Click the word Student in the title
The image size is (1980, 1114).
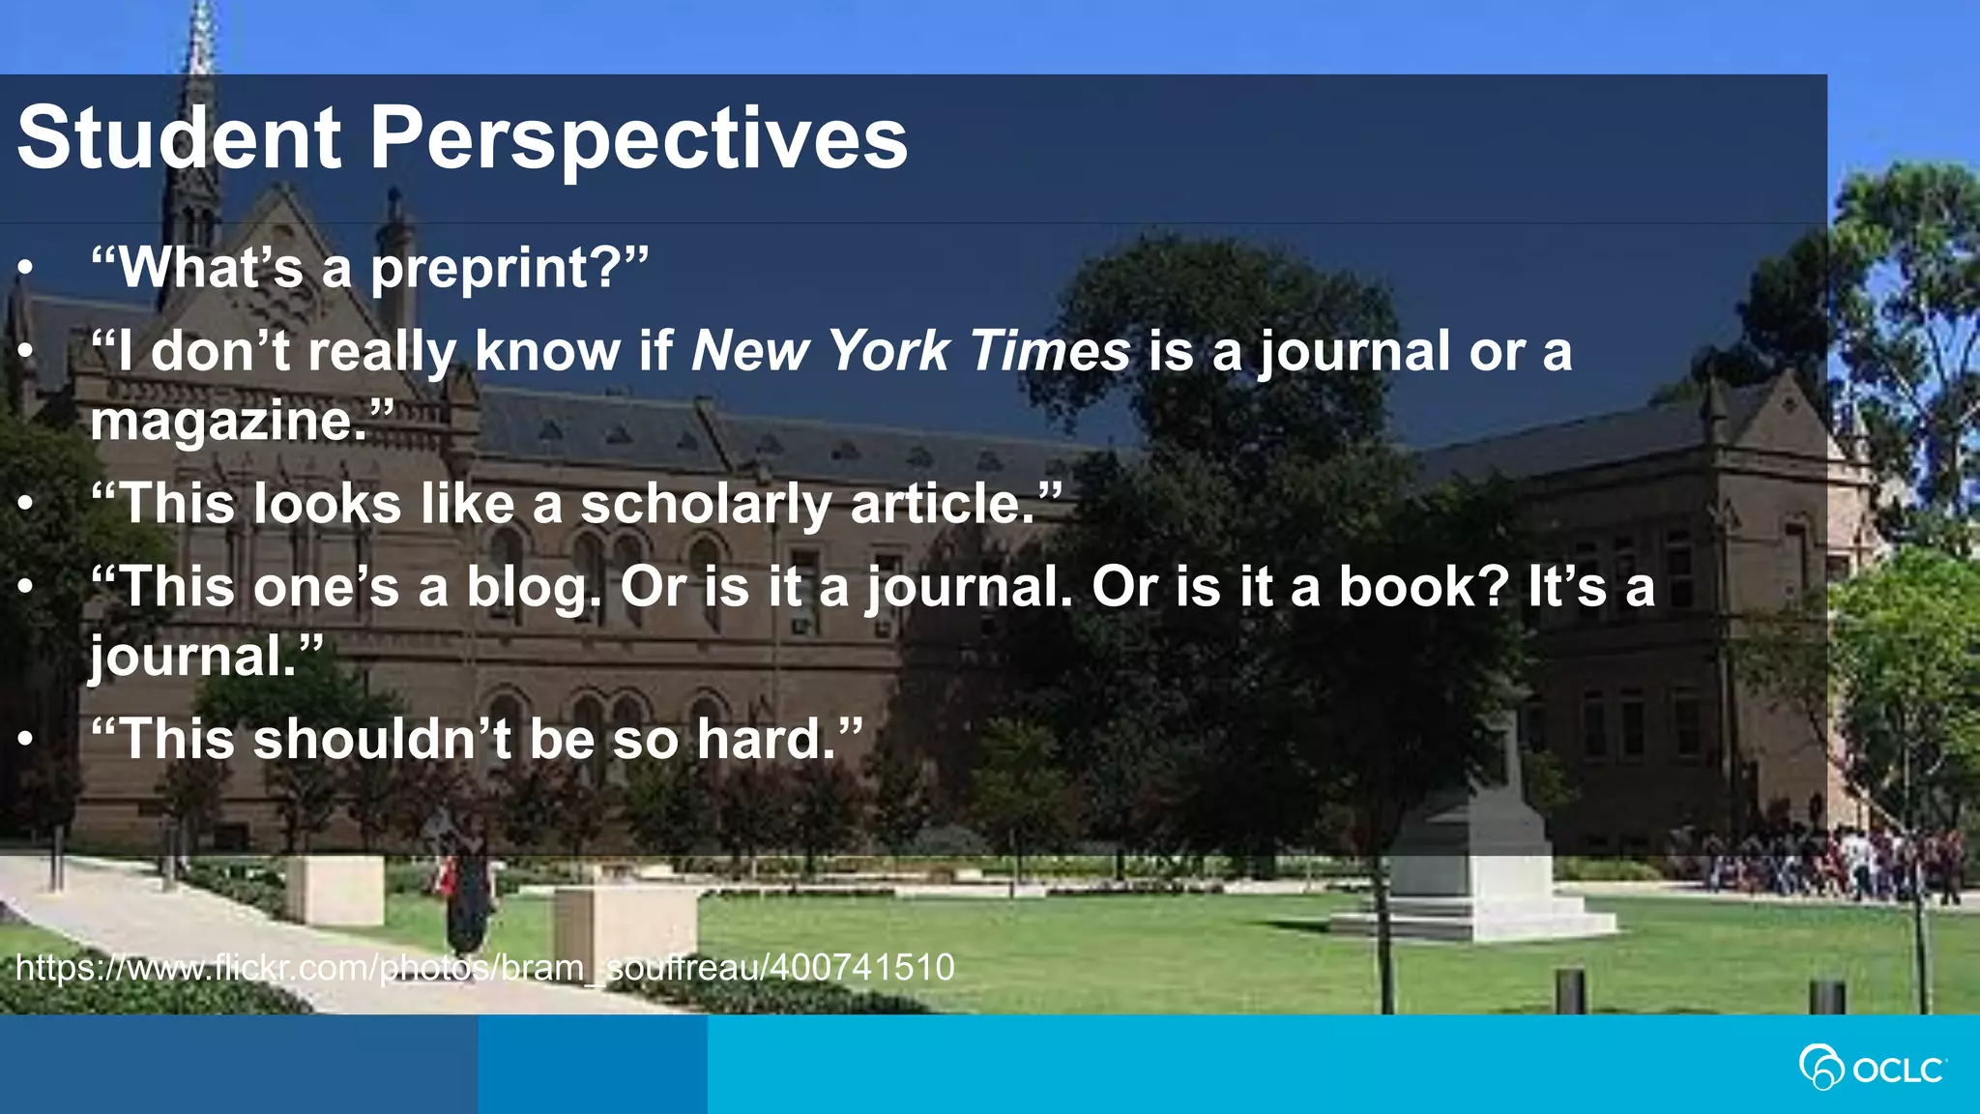click(x=179, y=138)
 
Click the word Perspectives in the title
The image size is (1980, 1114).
click(x=638, y=138)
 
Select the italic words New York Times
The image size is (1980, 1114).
click(x=910, y=350)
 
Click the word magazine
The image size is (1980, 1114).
click(x=228, y=422)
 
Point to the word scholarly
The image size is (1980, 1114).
click(x=705, y=504)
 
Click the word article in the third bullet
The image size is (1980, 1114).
click(x=943, y=504)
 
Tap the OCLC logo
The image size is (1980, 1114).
click(x=1872, y=1068)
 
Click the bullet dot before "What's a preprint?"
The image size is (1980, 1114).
click(x=27, y=269)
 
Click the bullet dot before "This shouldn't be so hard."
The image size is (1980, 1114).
click(x=27, y=741)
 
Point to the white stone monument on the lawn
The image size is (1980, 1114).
click(x=1475, y=851)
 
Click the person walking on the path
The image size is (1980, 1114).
click(x=467, y=894)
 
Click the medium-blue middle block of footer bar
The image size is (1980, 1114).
click(x=592, y=1064)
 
